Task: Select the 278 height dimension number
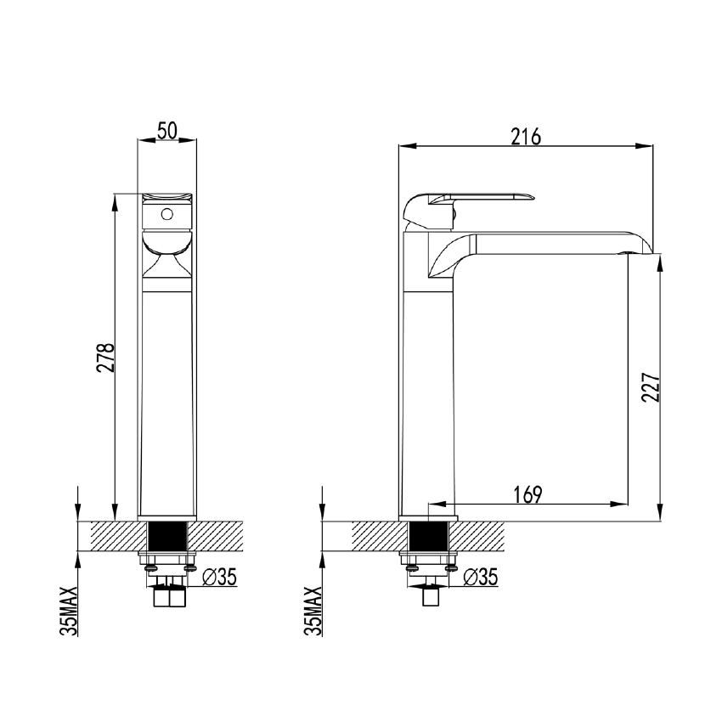click(x=105, y=358)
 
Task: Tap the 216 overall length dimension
click(x=527, y=136)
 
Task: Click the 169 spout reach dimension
click(x=527, y=494)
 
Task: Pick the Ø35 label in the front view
click(x=220, y=578)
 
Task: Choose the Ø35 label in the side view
click(x=482, y=578)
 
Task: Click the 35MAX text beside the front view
click(x=71, y=610)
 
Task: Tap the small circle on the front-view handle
click(x=167, y=213)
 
